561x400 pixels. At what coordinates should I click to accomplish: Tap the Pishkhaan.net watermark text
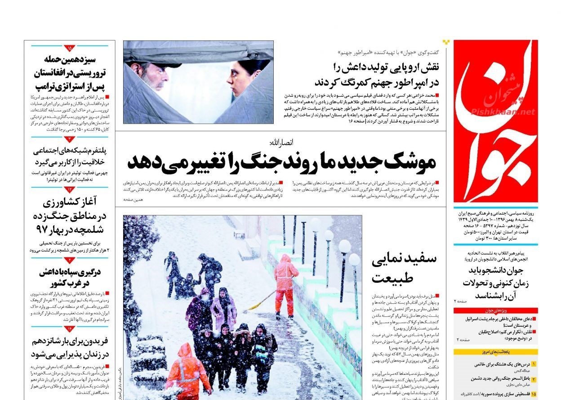503,112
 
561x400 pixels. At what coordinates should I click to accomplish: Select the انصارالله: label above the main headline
281,143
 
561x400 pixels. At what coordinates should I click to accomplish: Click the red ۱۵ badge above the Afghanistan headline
70,47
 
